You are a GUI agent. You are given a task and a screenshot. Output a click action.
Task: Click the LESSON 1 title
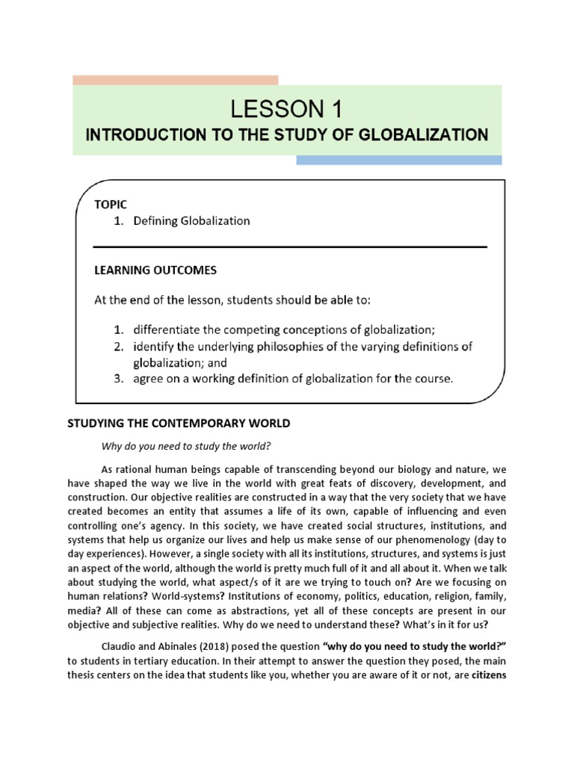point(287,110)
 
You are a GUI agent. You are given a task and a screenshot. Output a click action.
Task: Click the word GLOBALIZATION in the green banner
point(422,135)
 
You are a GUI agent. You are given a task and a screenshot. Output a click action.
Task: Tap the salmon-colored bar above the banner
point(175,80)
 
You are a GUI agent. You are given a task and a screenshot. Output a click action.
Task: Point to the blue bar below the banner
point(398,160)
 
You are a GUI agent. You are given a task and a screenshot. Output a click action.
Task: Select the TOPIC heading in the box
point(111,204)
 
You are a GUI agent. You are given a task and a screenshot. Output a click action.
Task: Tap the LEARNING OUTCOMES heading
point(155,269)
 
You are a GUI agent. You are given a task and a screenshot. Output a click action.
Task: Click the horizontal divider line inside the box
point(290,247)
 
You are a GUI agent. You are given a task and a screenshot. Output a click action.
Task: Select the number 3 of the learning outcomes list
point(118,379)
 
